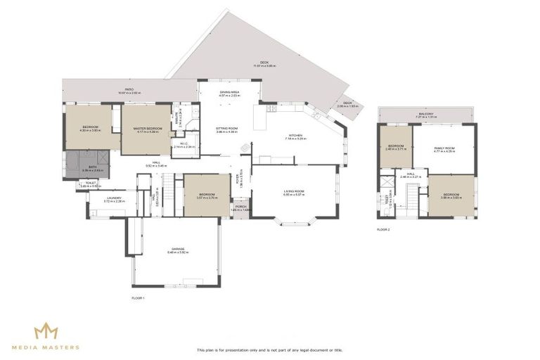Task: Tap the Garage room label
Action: pyautogui.click(x=176, y=250)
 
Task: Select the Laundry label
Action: pyautogui.click(x=115, y=198)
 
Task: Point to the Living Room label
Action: pyautogui.click(x=294, y=191)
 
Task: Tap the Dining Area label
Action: pyautogui.click(x=229, y=92)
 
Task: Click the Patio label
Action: pyautogui.click(x=129, y=90)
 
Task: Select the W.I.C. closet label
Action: pyautogui.click(x=184, y=144)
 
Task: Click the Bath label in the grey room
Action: pyautogui.click(x=93, y=168)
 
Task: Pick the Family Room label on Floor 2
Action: pyautogui.click(x=444, y=148)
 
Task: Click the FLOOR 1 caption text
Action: pyautogui.click(x=138, y=298)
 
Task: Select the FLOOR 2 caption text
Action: pyautogui.click(x=383, y=230)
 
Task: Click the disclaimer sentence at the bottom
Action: pyautogui.click(x=270, y=349)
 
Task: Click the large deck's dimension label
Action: pyautogui.click(x=264, y=66)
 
